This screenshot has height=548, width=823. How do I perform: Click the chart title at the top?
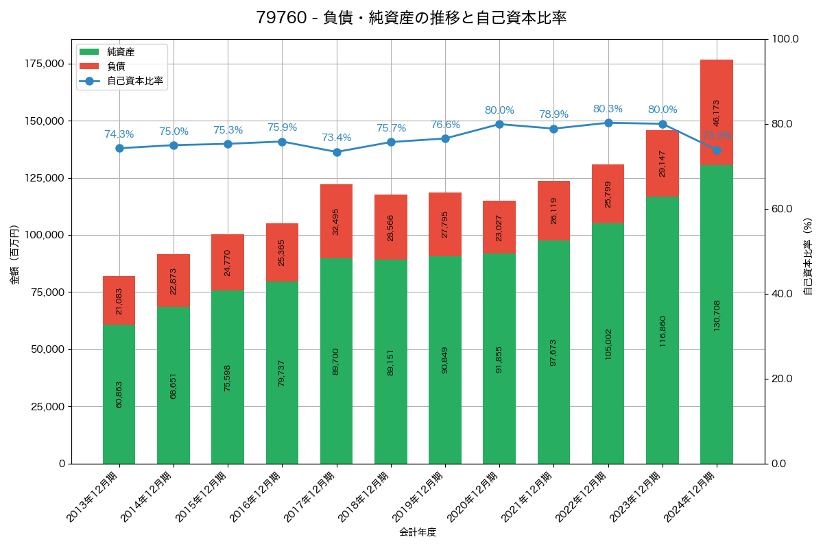pos(411,18)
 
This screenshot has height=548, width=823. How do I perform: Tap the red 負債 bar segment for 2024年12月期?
pos(716,112)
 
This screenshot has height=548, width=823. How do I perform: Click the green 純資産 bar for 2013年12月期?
pos(119,394)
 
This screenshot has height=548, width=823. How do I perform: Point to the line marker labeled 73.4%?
pos(336,152)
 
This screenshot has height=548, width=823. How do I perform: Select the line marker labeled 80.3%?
pos(608,123)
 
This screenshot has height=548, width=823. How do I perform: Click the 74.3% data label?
pos(119,134)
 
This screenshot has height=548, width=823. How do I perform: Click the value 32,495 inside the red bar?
pos(336,221)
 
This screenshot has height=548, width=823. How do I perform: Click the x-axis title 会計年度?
pos(418,532)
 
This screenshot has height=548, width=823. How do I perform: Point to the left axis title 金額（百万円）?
pos(14,254)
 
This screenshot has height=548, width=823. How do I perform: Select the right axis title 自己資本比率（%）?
pos(808,256)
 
